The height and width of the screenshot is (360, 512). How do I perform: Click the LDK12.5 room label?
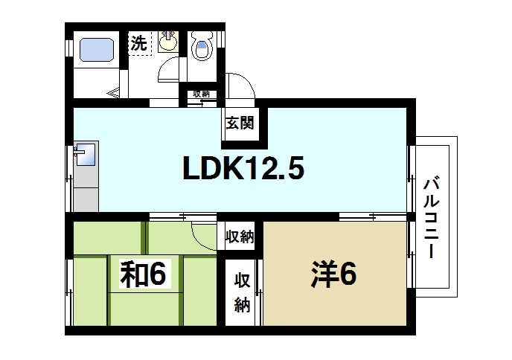[243, 171]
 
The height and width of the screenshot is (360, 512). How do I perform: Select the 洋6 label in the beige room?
[333, 275]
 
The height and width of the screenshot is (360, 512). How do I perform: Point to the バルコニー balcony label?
[431, 216]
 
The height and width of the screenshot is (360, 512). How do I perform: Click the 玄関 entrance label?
[240, 123]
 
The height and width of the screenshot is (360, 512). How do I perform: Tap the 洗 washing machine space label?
[138, 44]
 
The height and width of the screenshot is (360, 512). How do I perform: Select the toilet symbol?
[201, 48]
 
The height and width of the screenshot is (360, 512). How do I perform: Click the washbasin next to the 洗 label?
[169, 42]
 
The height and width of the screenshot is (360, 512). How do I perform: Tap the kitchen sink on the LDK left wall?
[83, 155]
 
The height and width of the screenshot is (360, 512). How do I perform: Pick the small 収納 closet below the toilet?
[201, 94]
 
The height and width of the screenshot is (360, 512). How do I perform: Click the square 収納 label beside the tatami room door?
[240, 237]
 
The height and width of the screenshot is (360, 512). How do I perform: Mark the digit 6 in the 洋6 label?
[347, 275]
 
